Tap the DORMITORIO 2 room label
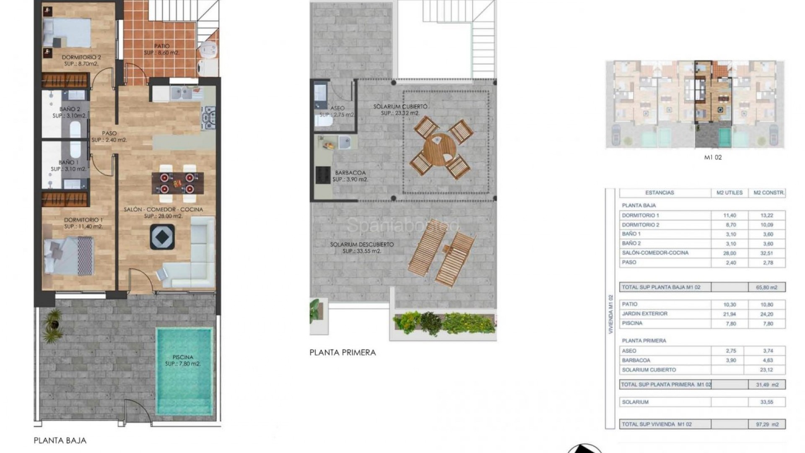(81, 57)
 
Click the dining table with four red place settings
(178, 183)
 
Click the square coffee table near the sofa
(162, 237)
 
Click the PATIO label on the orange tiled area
(162, 46)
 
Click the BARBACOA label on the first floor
(350, 173)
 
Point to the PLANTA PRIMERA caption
(343, 353)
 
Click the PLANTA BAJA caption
(60, 441)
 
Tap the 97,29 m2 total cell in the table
(767, 424)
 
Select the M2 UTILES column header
(730, 193)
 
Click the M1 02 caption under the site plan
(713, 158)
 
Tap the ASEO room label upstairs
(337, 108)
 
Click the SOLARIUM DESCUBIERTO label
(361, 245)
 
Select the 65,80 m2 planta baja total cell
(767, 288)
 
